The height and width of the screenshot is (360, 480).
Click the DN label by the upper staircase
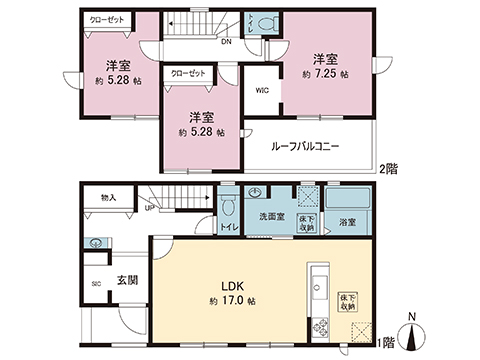(227, 42)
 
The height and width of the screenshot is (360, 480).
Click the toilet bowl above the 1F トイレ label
(228, 205)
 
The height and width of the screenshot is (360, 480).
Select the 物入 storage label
(108, 199)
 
